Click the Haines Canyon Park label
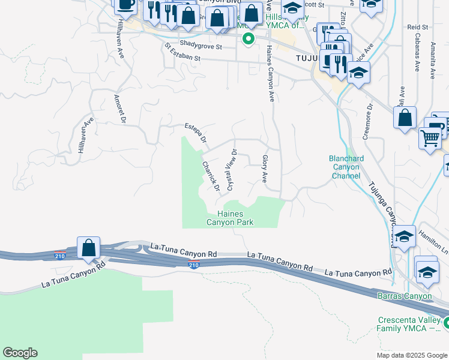(231, 218)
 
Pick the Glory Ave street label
(264, 169)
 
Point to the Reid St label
(417, 27)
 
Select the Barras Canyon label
(404, 296)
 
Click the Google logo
(20, 353)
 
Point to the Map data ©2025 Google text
(411, 355)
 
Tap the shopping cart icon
(430, 139)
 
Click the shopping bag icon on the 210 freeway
(88, 247)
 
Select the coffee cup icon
(126, 5)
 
